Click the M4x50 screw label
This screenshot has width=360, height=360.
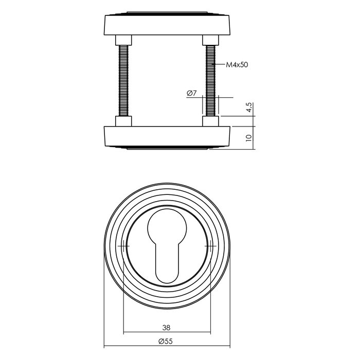[238, 65]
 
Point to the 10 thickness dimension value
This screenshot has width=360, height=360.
[248, 137]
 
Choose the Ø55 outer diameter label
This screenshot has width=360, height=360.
[167, 342]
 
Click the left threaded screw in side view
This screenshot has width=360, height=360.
[123, 81]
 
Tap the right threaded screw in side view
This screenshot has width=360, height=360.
[210, 81]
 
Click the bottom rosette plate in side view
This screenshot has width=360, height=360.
[167, 136]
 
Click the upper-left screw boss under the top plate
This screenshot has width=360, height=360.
[123, 40]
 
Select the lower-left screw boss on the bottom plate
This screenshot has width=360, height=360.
[123, 121]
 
